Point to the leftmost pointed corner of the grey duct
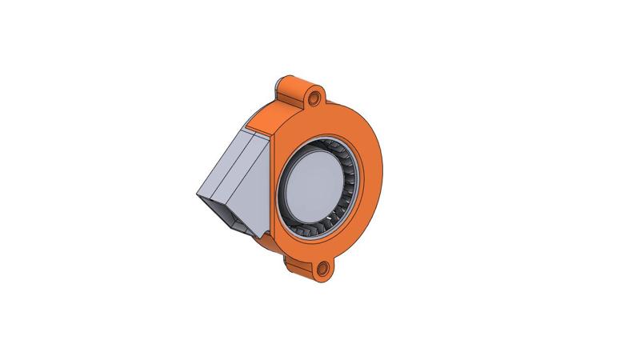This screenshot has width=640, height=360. pos(197,194)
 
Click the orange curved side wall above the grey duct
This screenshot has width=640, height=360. pos(269,112)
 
